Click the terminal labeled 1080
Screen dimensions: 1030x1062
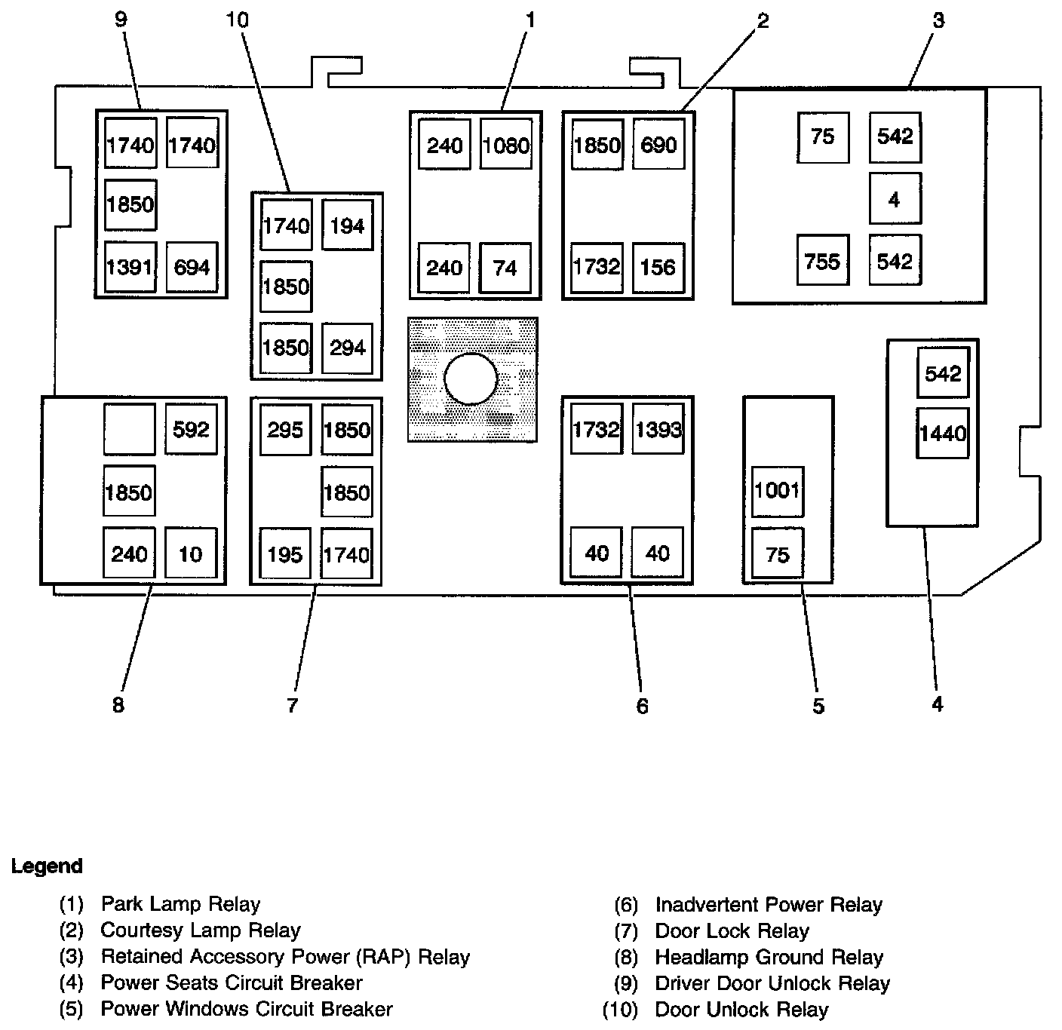point(505,144)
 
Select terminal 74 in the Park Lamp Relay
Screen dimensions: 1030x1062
point(505,268)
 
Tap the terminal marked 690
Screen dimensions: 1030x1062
point(658,144)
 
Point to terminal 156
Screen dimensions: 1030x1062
point(658,268)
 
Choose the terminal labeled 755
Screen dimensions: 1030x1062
point(822,261)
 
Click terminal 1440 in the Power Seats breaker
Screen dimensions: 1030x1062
point(942,433)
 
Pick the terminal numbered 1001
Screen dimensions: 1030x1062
point(778,491)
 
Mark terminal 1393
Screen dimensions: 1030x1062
point(658,429)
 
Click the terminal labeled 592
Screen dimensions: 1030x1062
point(191,429)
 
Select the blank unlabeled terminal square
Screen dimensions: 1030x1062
point(129,429)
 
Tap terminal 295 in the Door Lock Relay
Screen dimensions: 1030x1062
point(285,430)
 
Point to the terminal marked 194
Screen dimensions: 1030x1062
point(347,225)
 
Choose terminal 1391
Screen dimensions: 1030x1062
point(130,267)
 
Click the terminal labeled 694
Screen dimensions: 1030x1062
point(192,267)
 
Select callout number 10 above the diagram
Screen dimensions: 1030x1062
point(237,20)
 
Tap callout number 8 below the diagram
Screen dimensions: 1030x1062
point(118,705)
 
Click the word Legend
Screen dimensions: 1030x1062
point(47,866)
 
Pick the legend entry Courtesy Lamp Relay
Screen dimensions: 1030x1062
point(201,930)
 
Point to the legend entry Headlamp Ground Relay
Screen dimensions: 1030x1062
point(769,958)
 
